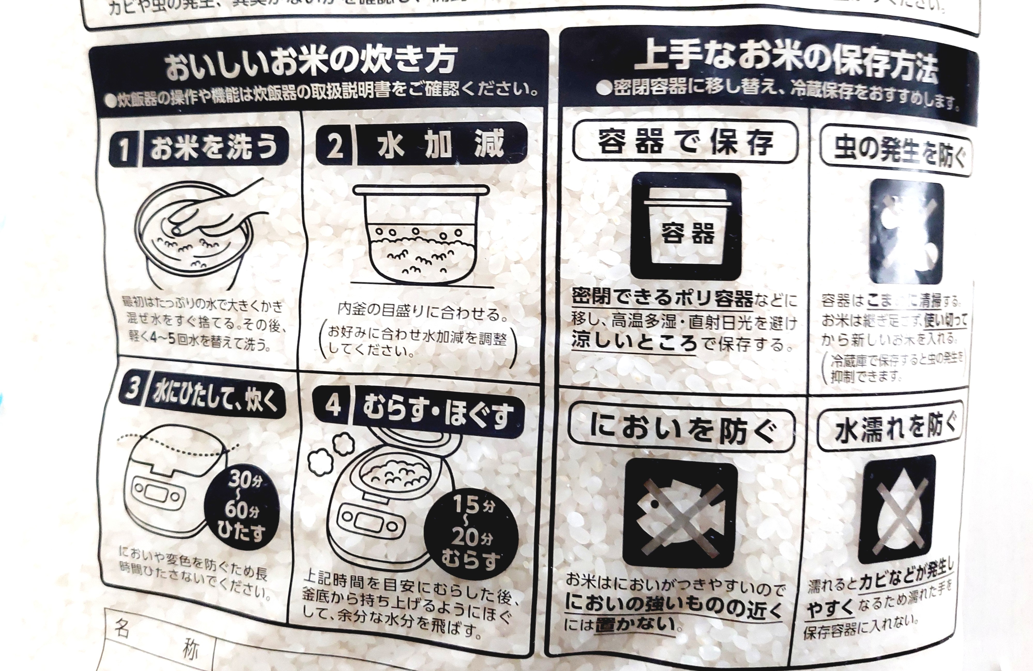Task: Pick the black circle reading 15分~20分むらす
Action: click(471, 536)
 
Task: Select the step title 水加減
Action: click(441, 145)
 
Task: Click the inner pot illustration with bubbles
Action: click(421, 235)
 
